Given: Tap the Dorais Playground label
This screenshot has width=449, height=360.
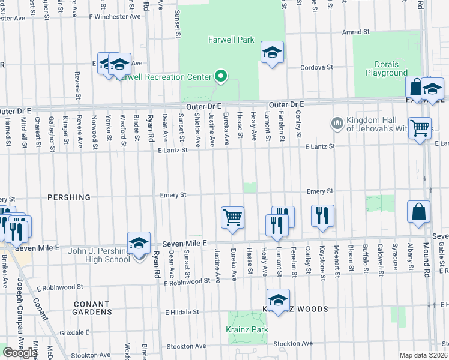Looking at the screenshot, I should [387, 69].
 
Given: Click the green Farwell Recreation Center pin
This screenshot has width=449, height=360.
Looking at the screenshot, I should [220, 76].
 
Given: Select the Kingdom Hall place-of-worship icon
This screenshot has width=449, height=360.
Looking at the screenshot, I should [336, 124].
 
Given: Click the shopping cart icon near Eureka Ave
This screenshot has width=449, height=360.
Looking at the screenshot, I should [232, 217].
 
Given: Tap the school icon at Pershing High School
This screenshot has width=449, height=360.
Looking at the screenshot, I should [139, 243].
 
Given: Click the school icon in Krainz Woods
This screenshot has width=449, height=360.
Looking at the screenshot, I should [278, 301].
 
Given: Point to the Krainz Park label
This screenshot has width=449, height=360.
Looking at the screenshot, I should [247, 330].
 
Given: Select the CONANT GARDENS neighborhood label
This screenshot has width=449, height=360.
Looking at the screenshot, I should [92, 308].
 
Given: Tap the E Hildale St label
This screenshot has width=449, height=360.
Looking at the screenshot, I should [182, 312].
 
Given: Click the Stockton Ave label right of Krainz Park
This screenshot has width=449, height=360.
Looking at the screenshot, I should [294, 344].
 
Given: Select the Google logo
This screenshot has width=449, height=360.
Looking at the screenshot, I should [20, 353].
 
